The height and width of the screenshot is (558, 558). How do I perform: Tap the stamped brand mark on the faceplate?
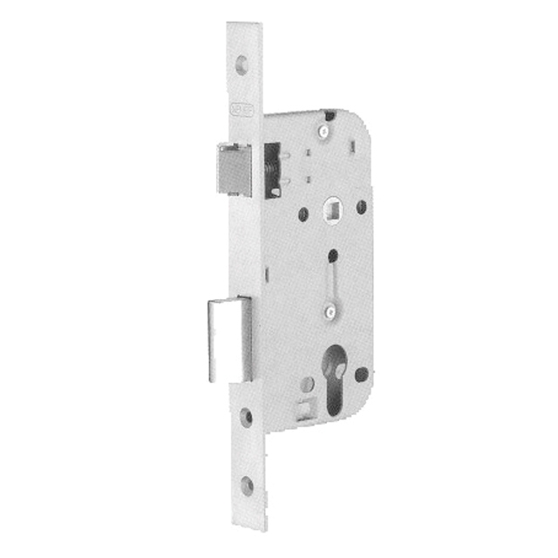point(243,112)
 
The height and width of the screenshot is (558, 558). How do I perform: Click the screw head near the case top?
point(324,132)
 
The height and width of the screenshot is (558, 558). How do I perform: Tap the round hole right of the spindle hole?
point(361,207)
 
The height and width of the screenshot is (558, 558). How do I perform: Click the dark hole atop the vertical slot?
point(332,255)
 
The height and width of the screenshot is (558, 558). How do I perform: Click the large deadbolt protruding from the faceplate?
point(226,338)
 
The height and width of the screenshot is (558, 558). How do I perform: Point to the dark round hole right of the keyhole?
point(361,375)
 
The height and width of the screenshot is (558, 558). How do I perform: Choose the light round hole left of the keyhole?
point(307,384)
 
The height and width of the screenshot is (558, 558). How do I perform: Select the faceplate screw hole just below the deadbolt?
point(247,417)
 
